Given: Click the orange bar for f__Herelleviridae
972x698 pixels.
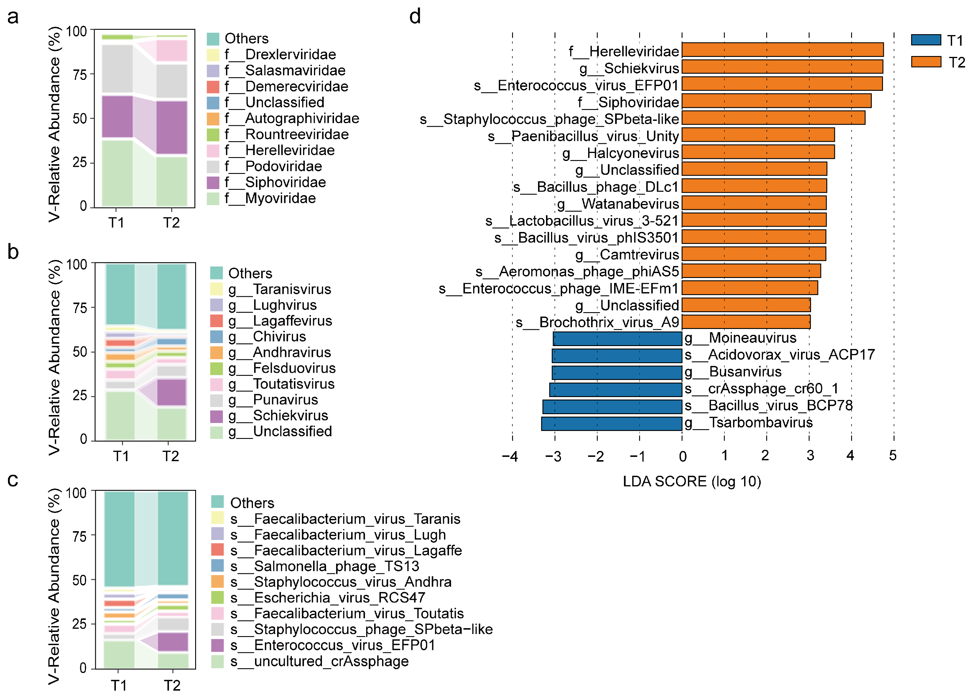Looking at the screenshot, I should pos(782,50).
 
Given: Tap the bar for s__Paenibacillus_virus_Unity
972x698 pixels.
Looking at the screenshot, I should pos(758,134).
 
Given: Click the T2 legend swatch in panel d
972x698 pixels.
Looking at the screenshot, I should pos(926,62).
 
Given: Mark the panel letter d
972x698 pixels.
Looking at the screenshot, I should pos(415,16).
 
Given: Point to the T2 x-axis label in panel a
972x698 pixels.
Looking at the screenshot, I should pos(171,223).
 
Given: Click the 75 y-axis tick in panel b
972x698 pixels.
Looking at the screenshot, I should pos(80,308).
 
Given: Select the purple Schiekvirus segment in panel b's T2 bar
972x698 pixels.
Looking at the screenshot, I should pos(171,392).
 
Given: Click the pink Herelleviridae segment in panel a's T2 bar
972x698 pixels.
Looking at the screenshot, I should pos(171,51).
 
